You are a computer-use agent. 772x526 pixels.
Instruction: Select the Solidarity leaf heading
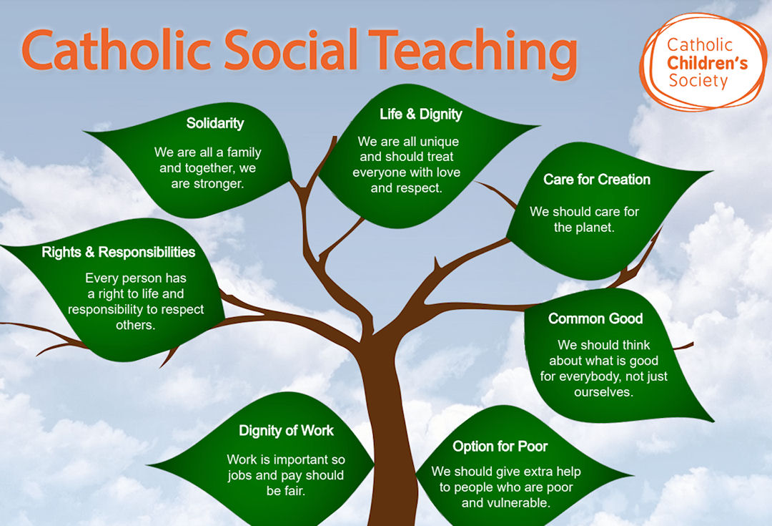point(215,123)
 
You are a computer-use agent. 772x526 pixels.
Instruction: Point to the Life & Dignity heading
point(421,114)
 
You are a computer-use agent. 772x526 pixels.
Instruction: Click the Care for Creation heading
point(597,179)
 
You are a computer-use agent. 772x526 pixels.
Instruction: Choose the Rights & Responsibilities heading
point(119,252)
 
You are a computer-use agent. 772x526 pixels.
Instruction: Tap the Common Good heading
point(595,318)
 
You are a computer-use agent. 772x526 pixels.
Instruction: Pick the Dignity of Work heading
point(286,430)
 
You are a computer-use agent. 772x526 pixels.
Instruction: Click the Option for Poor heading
point(500,446)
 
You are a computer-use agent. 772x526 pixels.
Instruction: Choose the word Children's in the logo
point(707,63)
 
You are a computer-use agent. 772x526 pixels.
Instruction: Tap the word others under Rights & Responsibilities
point(136,325)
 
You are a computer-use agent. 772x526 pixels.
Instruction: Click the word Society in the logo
point(698,80)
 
